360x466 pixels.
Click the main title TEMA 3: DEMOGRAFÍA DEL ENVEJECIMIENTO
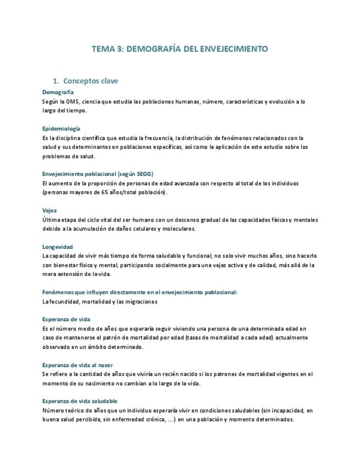180,49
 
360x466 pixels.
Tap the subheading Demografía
58,92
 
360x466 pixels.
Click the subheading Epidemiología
61,128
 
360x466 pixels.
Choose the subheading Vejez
49,210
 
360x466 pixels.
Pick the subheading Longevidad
58,247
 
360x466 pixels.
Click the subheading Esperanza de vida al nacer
77,365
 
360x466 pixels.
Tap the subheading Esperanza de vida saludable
80,401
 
